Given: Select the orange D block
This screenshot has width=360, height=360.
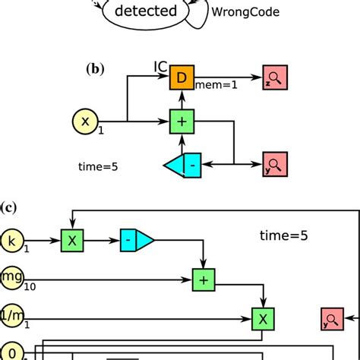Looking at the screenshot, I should tap(181, 77).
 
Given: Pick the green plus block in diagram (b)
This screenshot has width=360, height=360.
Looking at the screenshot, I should tap(181, 120).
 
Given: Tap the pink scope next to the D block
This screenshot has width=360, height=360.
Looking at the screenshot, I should tap(273, 77).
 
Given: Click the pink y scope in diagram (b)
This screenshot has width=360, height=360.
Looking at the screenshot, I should tap(273, 164).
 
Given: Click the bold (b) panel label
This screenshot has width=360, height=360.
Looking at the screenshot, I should tap(96, 68).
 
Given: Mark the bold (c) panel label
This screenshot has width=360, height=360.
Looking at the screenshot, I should tap(10, 206).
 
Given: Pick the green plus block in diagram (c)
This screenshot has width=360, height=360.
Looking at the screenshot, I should tap(203, 279).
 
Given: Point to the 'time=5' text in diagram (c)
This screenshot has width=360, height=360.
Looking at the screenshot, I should tap(282, 235).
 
